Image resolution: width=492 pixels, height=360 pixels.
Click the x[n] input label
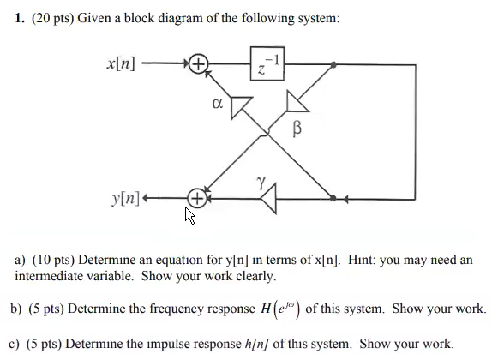[x=119, y=64]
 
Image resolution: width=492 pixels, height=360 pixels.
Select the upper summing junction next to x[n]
[x=198, y=64]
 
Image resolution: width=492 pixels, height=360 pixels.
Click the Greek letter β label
[x=297, y=129]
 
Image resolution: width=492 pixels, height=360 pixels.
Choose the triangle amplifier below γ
[x=269, y=200]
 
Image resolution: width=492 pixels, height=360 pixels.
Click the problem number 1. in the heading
[x=20, y=19]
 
